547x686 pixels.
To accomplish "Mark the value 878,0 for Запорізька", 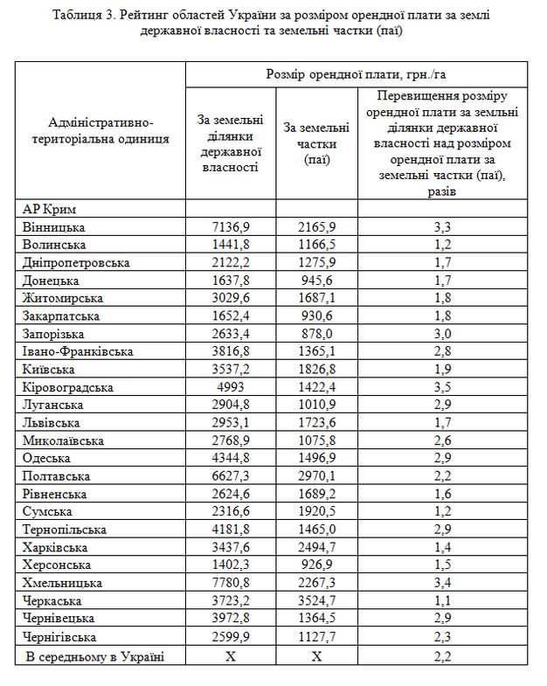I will (315, 332).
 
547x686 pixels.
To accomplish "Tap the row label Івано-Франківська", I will (79, 350).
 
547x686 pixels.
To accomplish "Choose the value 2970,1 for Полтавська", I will (315, 476).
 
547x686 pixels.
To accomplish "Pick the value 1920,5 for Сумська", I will (315, 511).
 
